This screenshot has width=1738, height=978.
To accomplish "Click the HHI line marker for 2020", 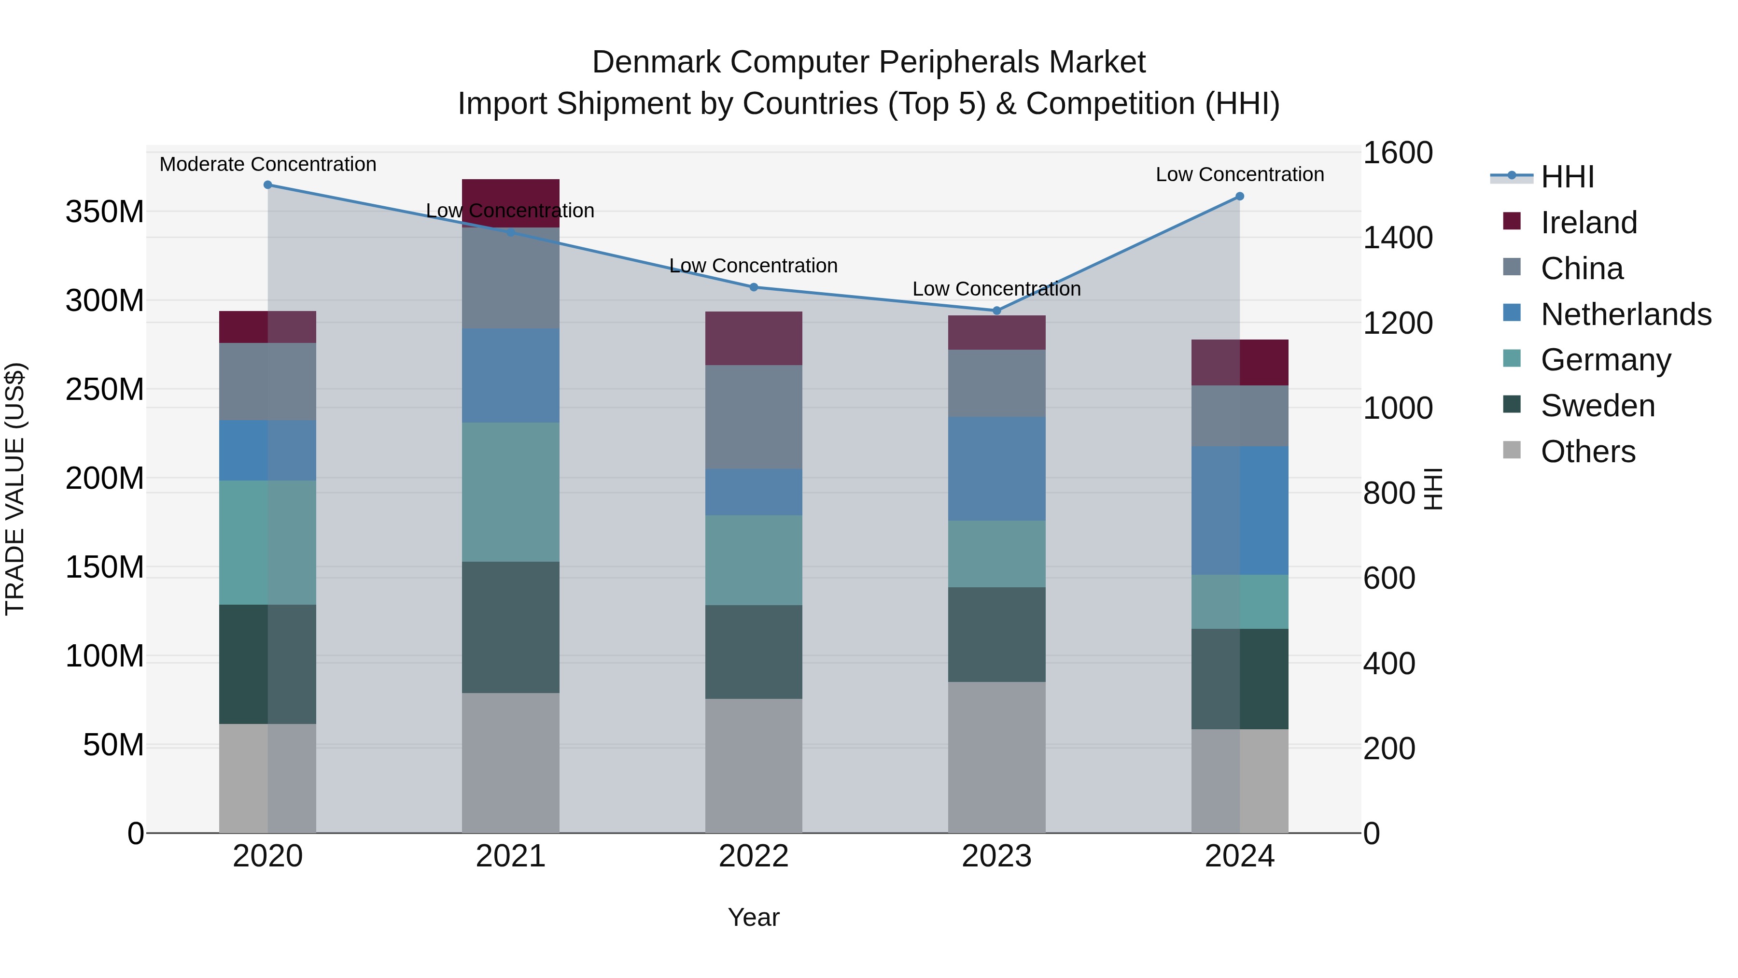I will pyautogui.click(x=268, y=185).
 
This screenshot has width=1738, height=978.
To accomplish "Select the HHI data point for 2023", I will pyautogui.click(x=996, y=311).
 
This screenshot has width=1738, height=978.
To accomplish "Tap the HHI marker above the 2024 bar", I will pyautogui.click(x=1239, y=197).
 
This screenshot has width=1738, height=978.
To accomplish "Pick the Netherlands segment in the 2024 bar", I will pyautogui.click(x=1239, y=510).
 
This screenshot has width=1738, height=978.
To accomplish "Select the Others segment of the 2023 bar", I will pyautogui.click(x=996, y=757).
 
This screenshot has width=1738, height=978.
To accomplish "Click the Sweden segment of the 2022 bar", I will pyautogui.click(x=754, y=652).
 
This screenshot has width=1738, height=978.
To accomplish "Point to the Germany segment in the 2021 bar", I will pyautogui.click(x=511, y=492).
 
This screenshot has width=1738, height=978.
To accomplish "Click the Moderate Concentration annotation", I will pyautogui.click(x=268, y=164).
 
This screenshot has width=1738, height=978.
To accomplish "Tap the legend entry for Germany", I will pyautogui.click(x=1606, y=360).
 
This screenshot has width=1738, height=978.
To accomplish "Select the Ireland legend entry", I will pyautogui.click(x=1588, y=223).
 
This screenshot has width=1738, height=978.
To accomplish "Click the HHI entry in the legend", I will pyautogui.click(x=1567, y=177).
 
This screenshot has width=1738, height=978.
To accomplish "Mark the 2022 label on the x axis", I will pyautogui.click(x=754, y=856).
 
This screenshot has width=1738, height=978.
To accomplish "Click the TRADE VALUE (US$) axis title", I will pyautogui.click(x=15, y=489).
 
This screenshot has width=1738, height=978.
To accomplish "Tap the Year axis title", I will pyautogui.click(x=754, y=917).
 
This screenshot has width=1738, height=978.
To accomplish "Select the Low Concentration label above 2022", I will pyautogui.click(x=754, y=266).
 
